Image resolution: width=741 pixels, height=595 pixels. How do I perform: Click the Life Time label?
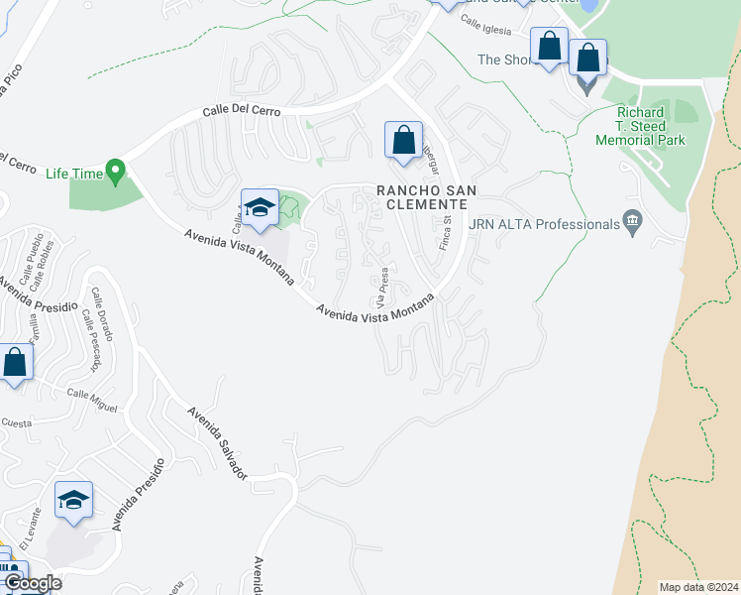pyautogui.click(x=74, y=174)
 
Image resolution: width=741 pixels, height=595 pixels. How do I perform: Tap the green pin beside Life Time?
pyautogui.click(x=116, y=173)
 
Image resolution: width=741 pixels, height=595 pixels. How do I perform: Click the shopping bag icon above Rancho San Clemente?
pyautogui.click(x=403, y=141)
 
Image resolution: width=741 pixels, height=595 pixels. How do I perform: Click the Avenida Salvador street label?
pyautogui.click(x=219, y=442)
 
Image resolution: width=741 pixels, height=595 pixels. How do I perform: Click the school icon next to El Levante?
pyautogui.click(x=73, y=502)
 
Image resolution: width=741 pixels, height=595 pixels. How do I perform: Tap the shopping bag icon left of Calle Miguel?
pyautogui.click(x=15, y=363)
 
